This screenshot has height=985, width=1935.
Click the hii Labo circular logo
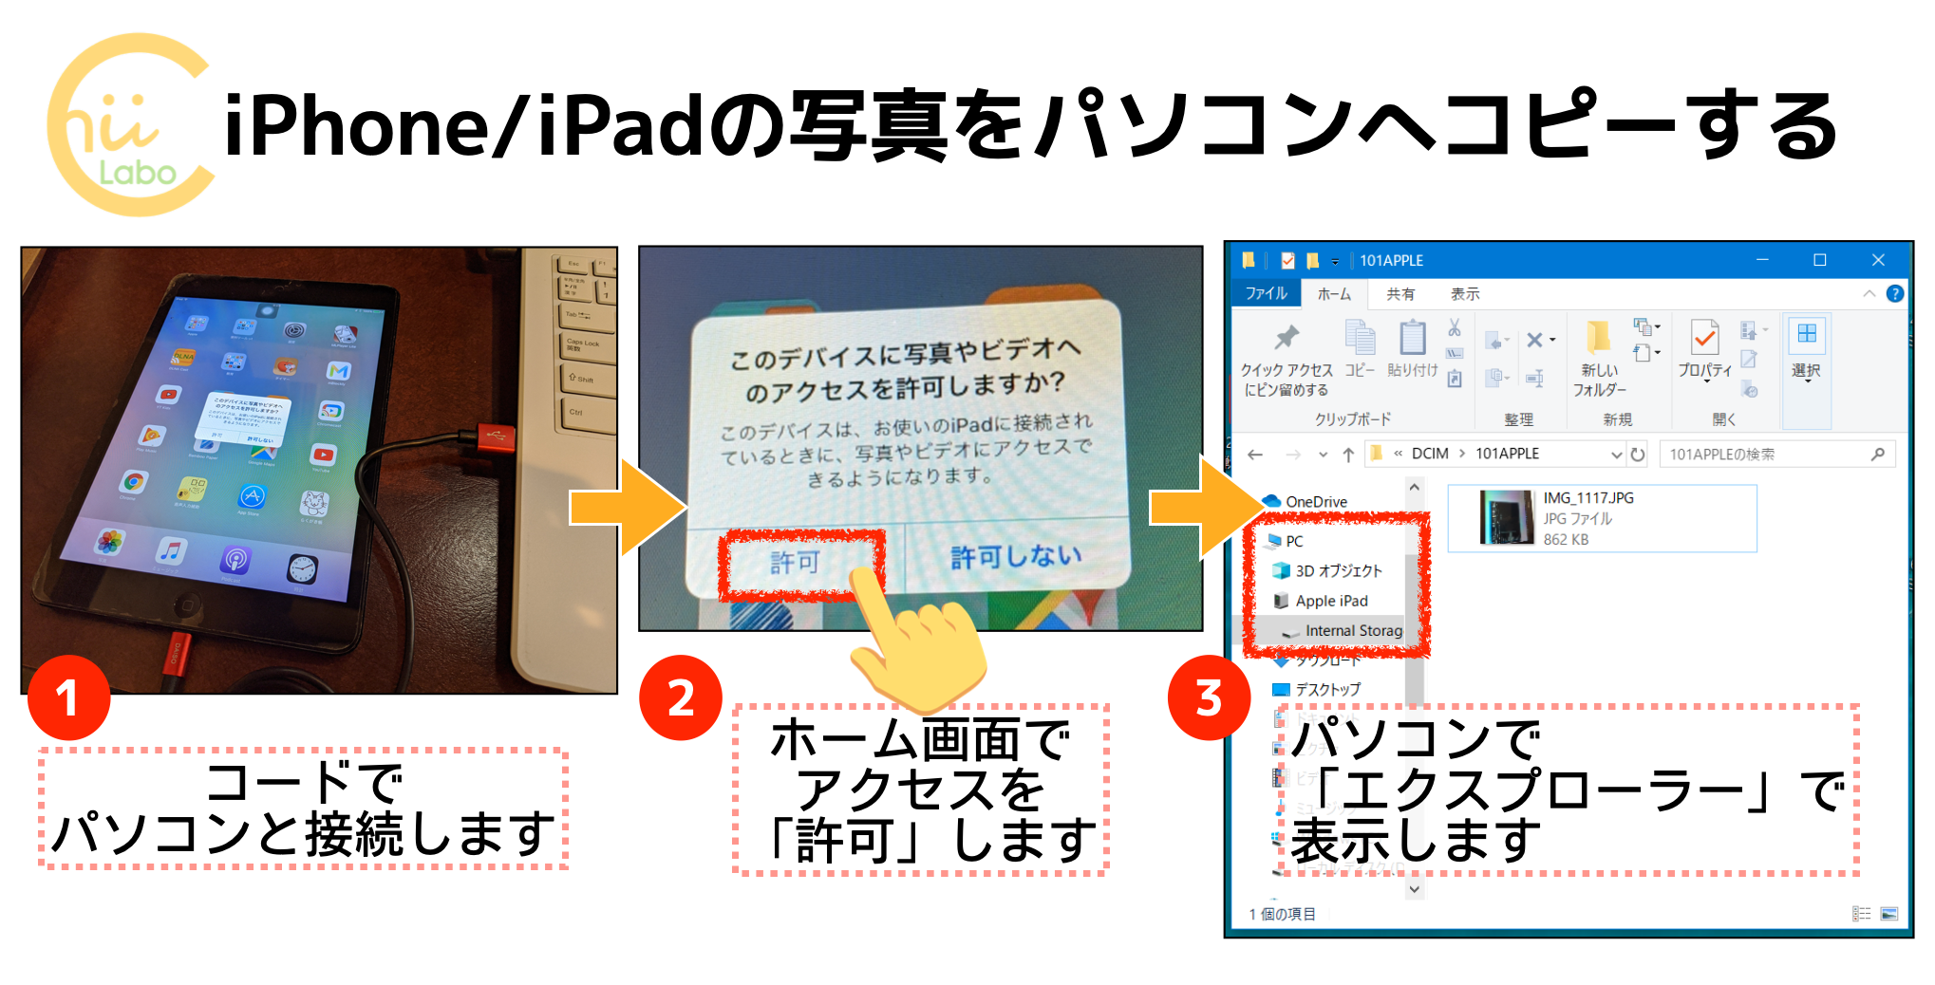point(131,125)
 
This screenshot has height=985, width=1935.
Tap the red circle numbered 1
point(68,698)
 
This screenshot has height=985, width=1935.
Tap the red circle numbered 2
point(681,698)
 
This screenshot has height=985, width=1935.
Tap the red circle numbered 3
point(1209,698)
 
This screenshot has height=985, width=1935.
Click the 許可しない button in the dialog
point(1016,556)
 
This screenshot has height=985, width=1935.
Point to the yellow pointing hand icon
point(916,645)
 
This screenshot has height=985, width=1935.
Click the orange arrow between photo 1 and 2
point(627,508)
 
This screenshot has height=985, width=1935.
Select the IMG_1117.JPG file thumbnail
point(1507,518)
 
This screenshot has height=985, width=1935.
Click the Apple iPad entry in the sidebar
point(1331,601)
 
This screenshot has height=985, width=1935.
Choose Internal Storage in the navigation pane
point(1352,631)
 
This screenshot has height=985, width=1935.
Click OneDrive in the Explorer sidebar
point(1315,502)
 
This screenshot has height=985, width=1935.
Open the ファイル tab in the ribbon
point(1266,294)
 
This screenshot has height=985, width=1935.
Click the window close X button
point(1877,260)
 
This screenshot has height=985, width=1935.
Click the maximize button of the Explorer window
point(1819,260)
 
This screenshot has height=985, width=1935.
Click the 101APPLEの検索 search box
point(1766,455)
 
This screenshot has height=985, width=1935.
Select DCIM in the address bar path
point(1430,454)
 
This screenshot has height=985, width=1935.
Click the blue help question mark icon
point(1894,294)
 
